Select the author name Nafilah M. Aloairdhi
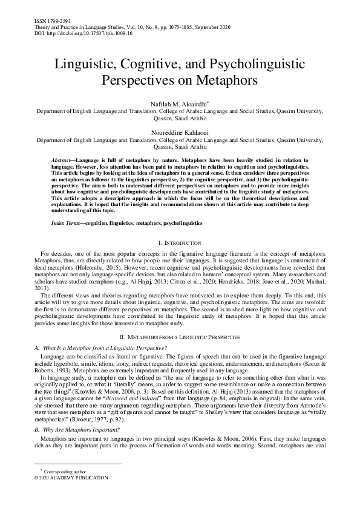pos(180,104)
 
